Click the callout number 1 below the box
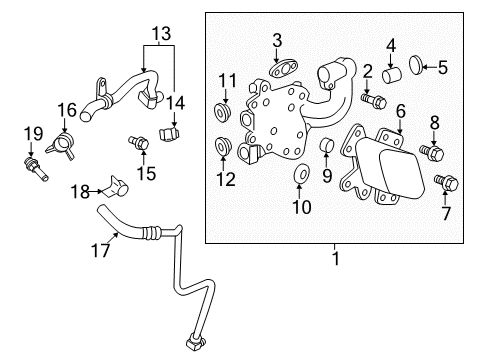tap(336, 258)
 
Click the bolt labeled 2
tap(375, 100)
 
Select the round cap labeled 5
tap(421, 69)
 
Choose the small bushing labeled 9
tap(327, 150)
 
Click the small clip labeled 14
tap(173, 131)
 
